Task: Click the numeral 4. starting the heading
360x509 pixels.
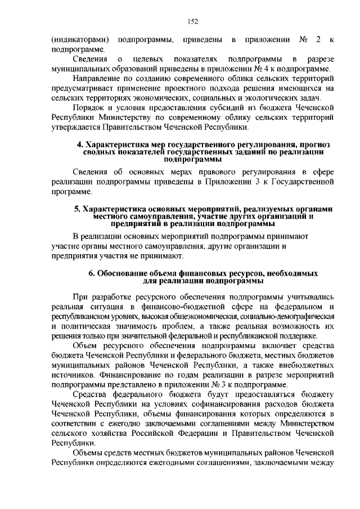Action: pyautogui.click(x=80, y=145)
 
